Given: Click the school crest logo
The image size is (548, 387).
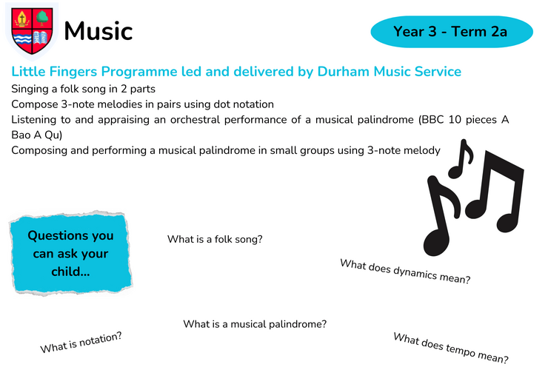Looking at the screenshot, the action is [32, 31].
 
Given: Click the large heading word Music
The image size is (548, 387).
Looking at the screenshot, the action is [98, 31].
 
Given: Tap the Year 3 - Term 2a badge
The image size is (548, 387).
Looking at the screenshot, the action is [452, 32].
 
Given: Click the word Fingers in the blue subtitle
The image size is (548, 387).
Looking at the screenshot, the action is [73, 73].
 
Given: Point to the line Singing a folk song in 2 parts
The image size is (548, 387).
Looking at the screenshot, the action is [83, 89].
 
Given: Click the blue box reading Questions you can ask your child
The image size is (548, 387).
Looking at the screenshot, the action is [70, 253].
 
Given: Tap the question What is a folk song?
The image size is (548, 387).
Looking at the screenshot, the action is [215, 239].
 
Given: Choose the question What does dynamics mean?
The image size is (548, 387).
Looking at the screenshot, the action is [405, 272].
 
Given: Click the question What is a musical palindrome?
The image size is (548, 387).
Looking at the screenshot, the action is [255, 324].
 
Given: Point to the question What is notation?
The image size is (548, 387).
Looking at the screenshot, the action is [81, 343].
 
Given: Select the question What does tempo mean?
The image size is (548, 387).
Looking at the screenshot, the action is [451, 348].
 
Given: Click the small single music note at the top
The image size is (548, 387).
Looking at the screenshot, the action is [461, 159].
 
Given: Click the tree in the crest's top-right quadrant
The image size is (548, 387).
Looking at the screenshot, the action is [42, 18].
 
